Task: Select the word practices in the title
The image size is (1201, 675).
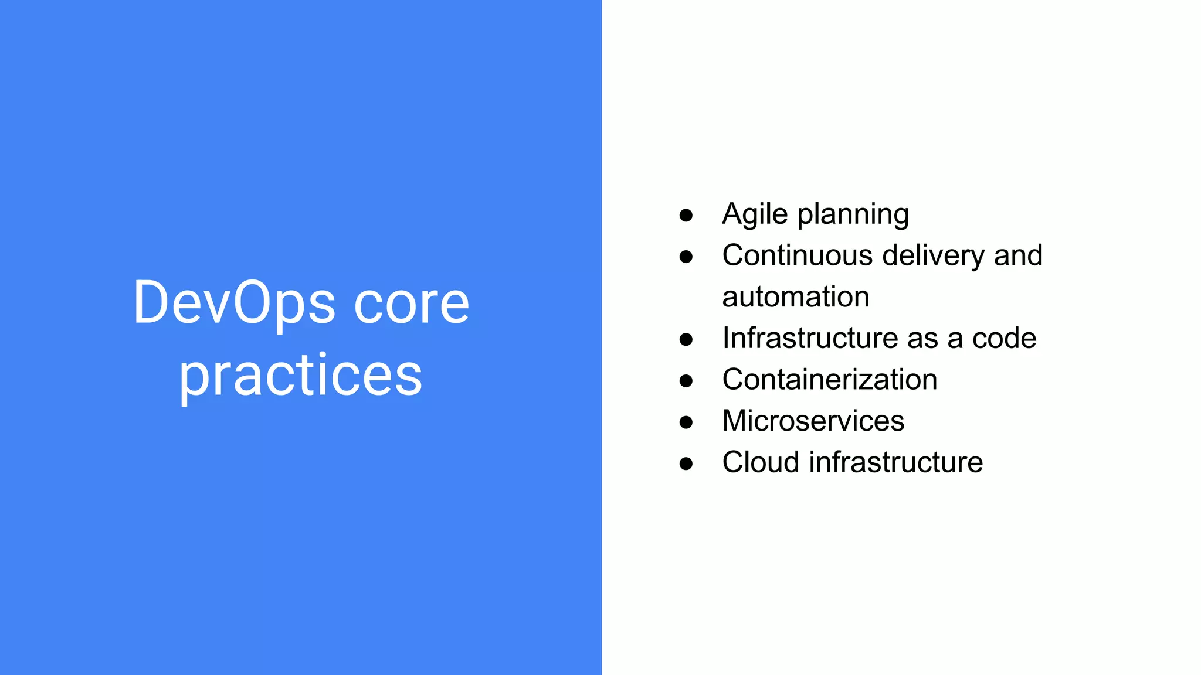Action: click(300, 376)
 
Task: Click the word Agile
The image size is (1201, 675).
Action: click(755, 214)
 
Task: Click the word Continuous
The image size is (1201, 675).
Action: click(798, 255)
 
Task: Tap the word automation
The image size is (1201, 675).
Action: click(795, 297)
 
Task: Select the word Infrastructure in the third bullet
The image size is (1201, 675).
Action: click(810, 338)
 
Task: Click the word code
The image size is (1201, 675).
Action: click(1004, 339)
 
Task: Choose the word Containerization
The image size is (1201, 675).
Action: click(829, 380)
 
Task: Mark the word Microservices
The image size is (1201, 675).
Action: click(813, 421)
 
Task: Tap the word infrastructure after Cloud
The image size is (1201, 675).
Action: click(895, 462)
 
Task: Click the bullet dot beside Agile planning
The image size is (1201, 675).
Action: click(686, 216)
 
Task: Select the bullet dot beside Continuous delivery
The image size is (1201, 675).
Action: click(686, 257)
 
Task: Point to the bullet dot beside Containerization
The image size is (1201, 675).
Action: click(686, 381)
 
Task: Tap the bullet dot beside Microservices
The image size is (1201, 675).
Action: click(686, 422)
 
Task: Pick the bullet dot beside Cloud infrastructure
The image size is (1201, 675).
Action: click(686, 464)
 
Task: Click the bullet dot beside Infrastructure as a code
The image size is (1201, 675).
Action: click(686, 340)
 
